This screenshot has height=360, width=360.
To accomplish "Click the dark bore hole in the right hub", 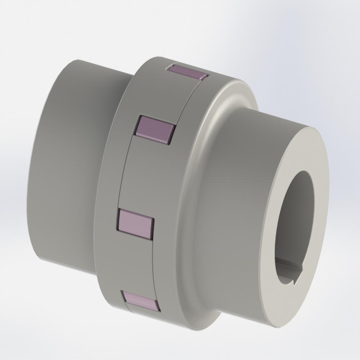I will point(293,216).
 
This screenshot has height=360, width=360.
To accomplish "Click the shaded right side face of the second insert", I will point(170,134).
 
